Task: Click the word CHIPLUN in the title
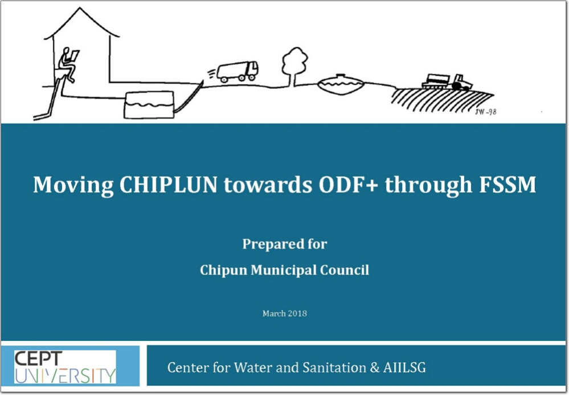click(169, 185)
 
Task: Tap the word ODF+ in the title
click(348, 185)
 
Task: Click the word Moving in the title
click(73, 185)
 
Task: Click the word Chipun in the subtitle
click(223, 271)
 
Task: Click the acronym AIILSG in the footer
click(404, 368)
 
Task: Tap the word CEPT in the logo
click(39, 359)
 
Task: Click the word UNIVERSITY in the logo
click(66, 376)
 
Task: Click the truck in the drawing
click(238, 71)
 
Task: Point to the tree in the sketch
click(294, 66)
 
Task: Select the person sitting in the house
click(68, 64)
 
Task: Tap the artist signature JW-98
click(485, 112)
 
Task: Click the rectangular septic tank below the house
click(149, 105)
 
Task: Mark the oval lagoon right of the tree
click(341, 84)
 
